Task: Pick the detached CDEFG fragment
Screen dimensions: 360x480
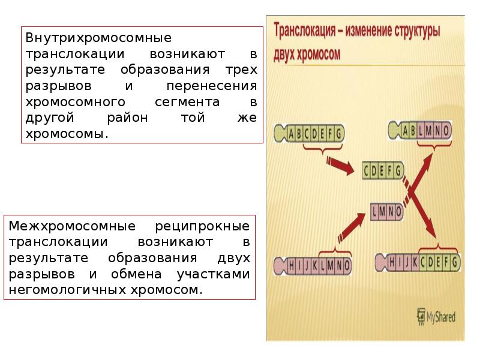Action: click(382, 171)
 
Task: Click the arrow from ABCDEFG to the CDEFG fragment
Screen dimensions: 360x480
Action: click(340, 166)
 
